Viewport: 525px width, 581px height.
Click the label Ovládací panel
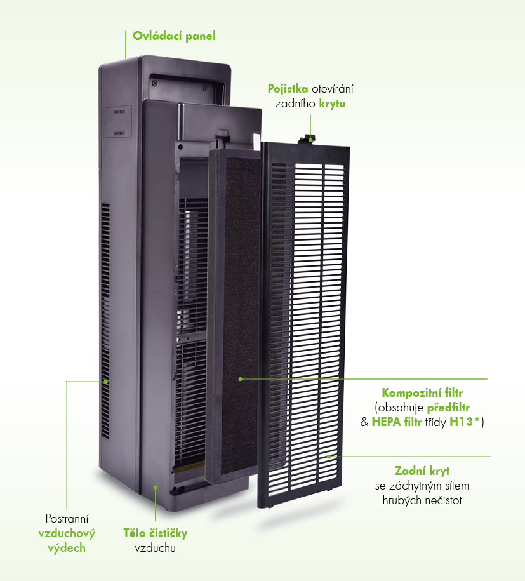tap(174, 36)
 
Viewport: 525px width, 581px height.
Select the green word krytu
tap(332, 103)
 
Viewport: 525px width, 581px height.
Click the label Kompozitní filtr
tap(422, 392)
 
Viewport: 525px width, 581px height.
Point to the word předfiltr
tap(452, 407)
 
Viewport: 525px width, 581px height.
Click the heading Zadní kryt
tap(422, 471)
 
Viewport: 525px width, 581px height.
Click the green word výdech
tap(67, 547)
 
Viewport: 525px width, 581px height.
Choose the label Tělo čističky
tap(155, 533)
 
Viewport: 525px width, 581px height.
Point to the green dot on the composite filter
tap(241, 379)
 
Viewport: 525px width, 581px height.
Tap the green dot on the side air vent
tap(106, 382)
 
